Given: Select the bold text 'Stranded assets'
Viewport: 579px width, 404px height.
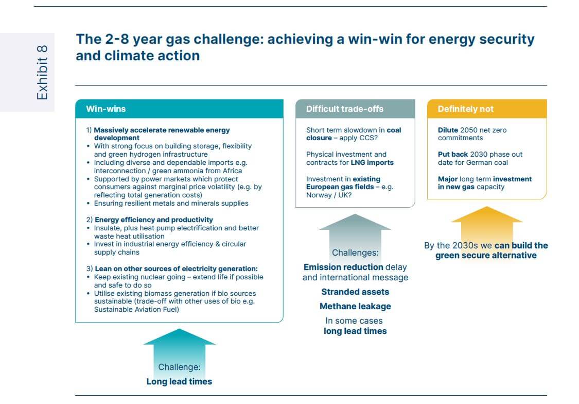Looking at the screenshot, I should point(355,292).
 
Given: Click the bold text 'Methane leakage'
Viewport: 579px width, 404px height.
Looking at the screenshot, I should point(355,306).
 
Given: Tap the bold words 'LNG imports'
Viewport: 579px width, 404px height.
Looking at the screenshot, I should point(372,162).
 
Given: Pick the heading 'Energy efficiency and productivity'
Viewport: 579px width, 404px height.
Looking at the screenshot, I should point(154,220).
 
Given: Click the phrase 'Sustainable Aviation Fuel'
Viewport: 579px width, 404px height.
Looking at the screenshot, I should point(135,309).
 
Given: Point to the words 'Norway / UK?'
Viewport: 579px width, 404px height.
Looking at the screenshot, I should point(326,195).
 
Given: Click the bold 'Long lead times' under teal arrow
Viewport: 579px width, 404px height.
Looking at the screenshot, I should point(179,381).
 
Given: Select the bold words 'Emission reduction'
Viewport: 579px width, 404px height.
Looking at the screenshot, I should point(343,267).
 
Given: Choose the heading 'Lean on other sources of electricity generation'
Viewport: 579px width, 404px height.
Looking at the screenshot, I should point(176,268).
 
